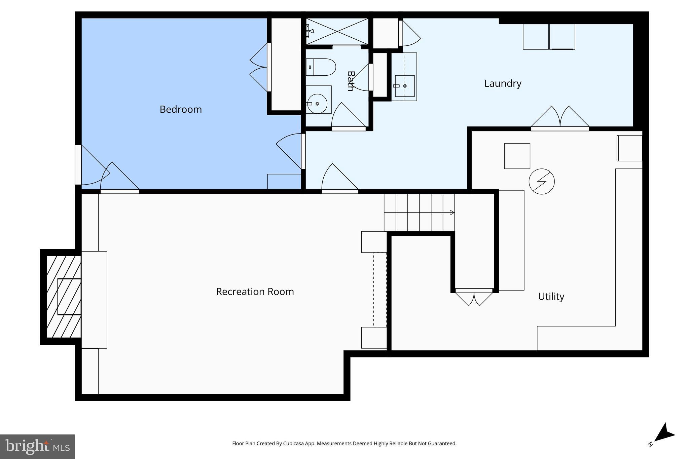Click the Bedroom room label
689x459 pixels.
(x=181, y=109)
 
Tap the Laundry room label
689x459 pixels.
(x=503, y=83)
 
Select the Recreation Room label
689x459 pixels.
(x=255, y=292)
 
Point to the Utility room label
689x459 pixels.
(x=551, y=296)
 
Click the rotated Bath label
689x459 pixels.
(x=351, y=81)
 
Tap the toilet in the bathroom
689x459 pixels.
(x=321, y=67)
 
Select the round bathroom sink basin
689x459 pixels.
(x=317, y=104)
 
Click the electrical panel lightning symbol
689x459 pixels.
(x=541, y=182)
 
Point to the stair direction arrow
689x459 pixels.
(x=452, y=213)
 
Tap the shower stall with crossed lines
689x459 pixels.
(x=337, y=31)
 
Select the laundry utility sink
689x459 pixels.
(x=404, y=86)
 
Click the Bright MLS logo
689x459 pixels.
(x=37, y=447)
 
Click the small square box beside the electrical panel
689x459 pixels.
(x=517, y=156)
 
